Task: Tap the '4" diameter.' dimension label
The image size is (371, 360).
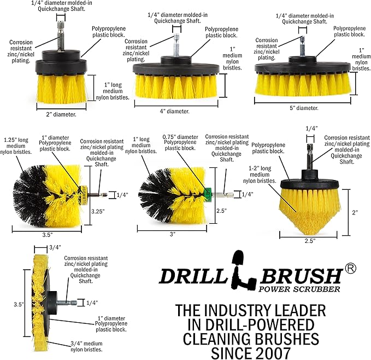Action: point(174,111)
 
